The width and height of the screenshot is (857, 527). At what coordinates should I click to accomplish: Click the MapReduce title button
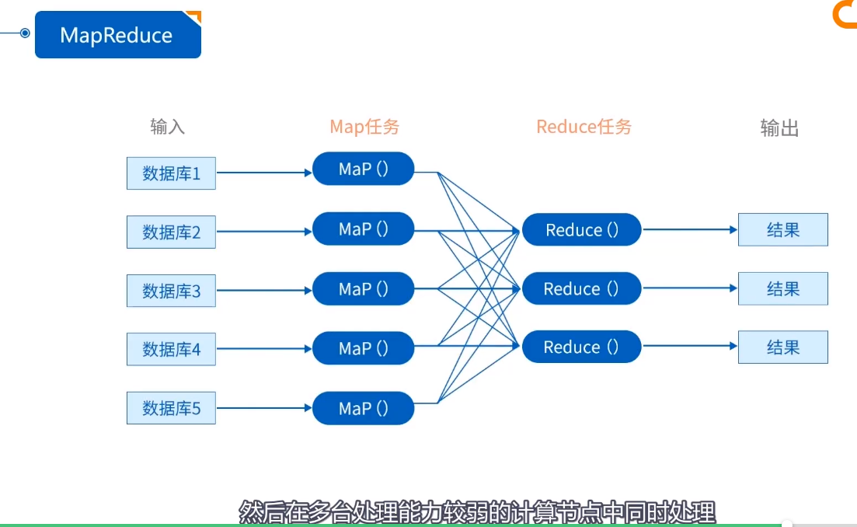117,35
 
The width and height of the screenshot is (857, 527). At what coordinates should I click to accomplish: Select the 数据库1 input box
171,173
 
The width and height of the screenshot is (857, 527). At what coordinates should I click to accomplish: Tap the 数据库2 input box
171,232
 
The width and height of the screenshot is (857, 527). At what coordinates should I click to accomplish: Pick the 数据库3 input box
171,291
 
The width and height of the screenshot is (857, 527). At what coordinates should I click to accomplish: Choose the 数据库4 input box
171,349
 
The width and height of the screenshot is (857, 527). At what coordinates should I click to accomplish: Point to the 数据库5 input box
171,408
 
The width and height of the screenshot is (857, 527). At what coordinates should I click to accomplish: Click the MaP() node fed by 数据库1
363,169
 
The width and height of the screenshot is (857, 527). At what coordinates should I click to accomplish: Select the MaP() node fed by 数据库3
363,289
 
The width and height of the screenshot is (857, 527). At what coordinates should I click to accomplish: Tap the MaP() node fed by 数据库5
363,408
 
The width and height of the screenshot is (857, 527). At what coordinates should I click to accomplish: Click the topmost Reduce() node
581,230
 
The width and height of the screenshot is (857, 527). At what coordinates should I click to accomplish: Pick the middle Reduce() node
581,289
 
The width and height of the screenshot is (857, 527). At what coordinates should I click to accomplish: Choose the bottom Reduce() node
581,347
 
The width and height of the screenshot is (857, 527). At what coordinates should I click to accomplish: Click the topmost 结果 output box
782,230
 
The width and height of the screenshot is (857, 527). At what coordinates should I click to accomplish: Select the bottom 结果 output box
782,347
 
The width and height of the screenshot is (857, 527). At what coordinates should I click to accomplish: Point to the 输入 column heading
168,127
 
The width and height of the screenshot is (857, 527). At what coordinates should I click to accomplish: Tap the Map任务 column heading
364,127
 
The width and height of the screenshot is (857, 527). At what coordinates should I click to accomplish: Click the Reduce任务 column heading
584,127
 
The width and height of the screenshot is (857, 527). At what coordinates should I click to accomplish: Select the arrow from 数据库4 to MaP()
263,349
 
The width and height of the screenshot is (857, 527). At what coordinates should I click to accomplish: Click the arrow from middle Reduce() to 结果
689,288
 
